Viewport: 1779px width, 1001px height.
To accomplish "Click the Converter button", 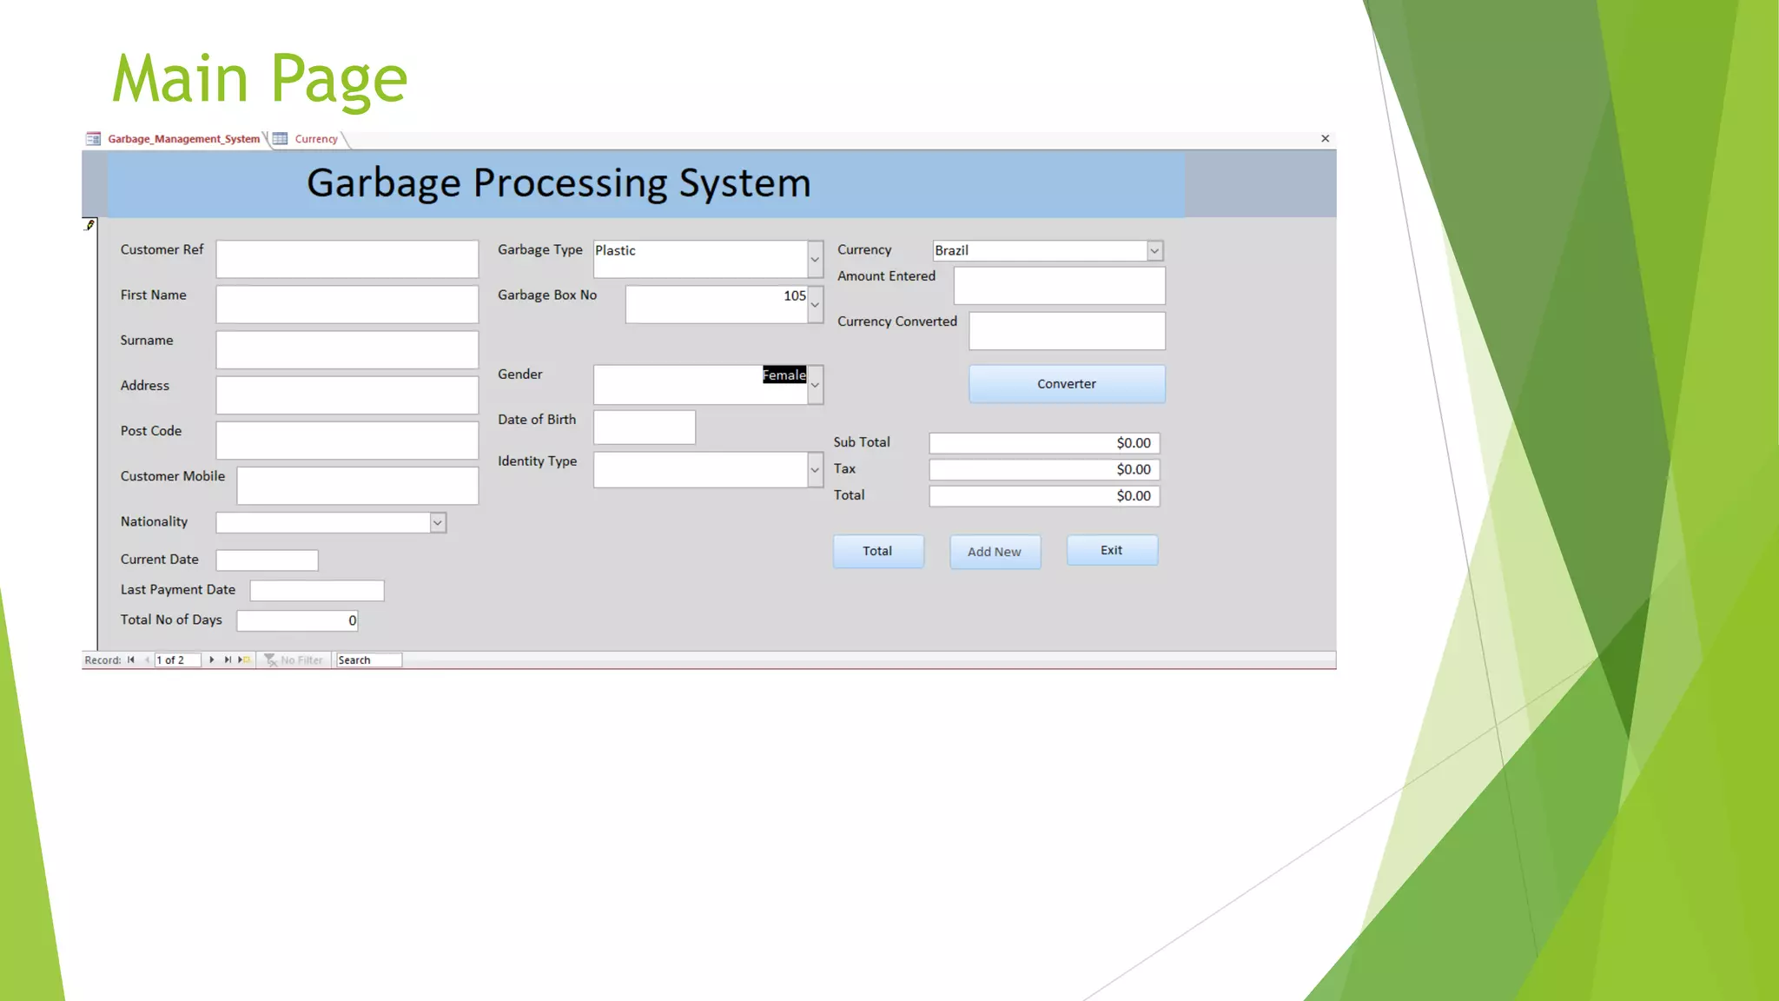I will [1067, 384].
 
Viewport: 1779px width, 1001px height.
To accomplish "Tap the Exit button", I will [1112, 551].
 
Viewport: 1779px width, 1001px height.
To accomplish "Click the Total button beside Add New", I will [878, 552].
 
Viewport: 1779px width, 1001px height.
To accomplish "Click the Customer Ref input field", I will [347, 259].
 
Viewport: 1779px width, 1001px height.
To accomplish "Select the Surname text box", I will [347, 349].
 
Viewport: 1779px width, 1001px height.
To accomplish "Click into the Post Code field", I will [347, 440].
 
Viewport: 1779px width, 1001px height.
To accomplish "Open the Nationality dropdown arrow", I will [438, 523].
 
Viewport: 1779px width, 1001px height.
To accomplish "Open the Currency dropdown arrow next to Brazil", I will [1154, 251].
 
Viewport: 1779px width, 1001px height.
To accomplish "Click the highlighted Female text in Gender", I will [784, 375].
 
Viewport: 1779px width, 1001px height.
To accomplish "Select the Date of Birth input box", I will [644, 428].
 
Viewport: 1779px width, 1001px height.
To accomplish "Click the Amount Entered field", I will [1059, 286].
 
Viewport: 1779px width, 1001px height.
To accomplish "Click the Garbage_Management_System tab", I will [183, 139].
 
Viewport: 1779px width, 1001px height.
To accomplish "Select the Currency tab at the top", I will [315, 139].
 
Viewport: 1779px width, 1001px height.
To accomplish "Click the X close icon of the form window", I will [1325, 139].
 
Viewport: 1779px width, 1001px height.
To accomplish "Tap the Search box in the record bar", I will [368, 660].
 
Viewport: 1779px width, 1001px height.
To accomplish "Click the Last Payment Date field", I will [316, 591].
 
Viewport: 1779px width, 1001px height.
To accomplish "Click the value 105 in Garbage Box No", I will [794, 296].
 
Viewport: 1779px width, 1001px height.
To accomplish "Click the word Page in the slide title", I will [339, 80].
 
